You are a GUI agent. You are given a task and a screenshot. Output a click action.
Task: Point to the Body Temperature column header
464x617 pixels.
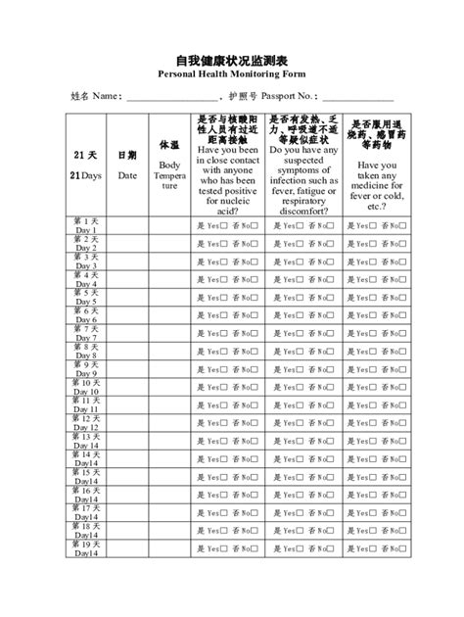click(169, 166)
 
